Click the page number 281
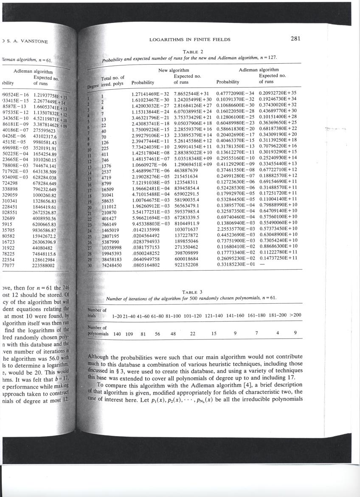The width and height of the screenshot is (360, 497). (x=296, y=39)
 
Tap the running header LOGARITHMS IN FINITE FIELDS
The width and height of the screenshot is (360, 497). (x=190, y=40)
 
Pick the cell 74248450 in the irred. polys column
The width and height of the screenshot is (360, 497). (x=112, y=265)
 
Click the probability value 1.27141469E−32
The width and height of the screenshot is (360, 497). (x=150, y=93)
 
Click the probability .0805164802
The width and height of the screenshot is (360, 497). (x=146, y=265)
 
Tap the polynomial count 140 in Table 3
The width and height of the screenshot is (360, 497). (x=117, y=334)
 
